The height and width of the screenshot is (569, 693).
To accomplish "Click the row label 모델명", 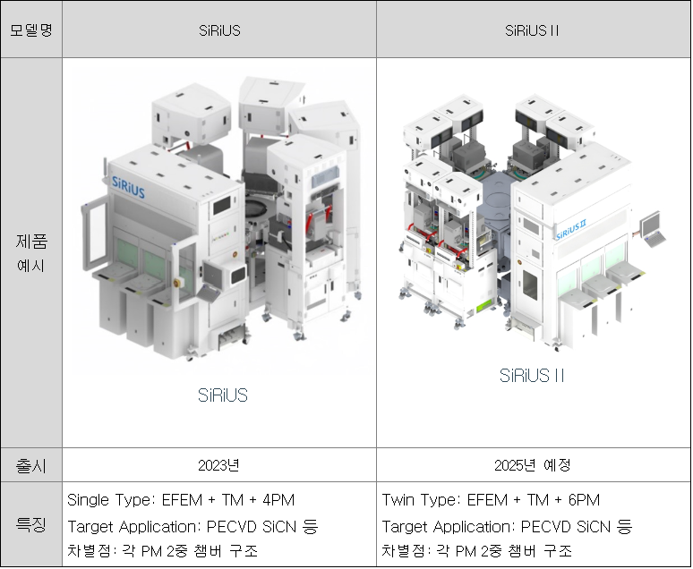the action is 31,30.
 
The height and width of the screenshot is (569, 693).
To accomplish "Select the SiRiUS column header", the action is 219,30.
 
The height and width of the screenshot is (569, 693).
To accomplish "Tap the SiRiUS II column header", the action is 532,30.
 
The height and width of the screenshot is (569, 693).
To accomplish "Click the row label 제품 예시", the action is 31,253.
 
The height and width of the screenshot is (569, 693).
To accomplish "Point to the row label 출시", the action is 31,465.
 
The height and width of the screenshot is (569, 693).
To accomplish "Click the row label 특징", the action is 31,524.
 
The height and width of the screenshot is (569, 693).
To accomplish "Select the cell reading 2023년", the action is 218,465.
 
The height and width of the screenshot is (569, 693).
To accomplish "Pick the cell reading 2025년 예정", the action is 533,465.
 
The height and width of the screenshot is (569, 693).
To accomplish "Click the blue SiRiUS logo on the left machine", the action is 128,187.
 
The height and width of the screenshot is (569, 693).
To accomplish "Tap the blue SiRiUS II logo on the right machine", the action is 571,229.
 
